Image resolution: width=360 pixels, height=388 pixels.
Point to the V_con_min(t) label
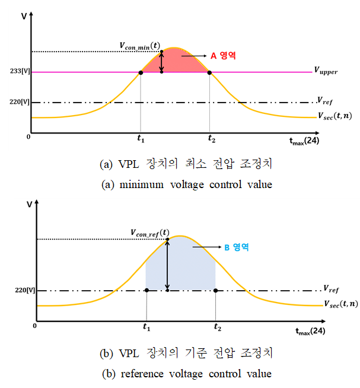tap(138, 44)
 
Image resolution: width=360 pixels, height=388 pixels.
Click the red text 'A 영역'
tap(224, 55)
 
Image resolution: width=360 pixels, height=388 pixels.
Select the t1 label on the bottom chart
tap(146, 327)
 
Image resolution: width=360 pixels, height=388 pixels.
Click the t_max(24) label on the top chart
tap(307, 141)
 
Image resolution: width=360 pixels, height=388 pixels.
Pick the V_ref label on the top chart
tap(324, 100)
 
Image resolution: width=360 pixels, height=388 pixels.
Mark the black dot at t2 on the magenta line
tap(209, 72)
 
